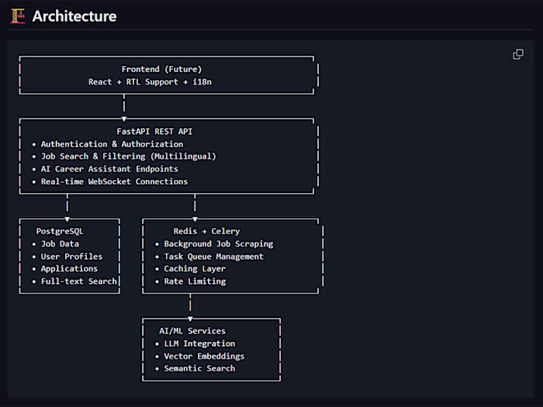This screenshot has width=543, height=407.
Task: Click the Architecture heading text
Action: (74, 16)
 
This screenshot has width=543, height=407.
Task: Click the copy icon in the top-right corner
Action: (518, 54)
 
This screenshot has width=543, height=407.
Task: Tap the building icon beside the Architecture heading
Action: (17, 16)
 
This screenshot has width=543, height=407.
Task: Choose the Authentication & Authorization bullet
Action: (112, 144)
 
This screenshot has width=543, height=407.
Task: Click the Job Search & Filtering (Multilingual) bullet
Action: (128, 157)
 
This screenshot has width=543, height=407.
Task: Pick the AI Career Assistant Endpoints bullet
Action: (109, 169)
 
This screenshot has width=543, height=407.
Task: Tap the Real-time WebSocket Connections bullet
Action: (114, 181)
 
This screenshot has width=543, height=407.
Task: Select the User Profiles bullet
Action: (71, 257)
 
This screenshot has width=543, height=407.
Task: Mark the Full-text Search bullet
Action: (78, 281)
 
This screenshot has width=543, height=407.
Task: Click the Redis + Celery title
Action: (206, 231)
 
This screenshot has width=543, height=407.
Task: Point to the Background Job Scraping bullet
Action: (218, 244)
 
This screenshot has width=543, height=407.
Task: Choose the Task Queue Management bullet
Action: (213, 257)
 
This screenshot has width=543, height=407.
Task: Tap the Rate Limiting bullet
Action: (195, 281)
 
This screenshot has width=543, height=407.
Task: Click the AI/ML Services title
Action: (192, 331)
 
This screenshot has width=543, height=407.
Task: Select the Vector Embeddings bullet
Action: (204, 356)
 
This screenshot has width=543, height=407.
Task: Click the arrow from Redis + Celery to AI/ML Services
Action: (190, 306)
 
